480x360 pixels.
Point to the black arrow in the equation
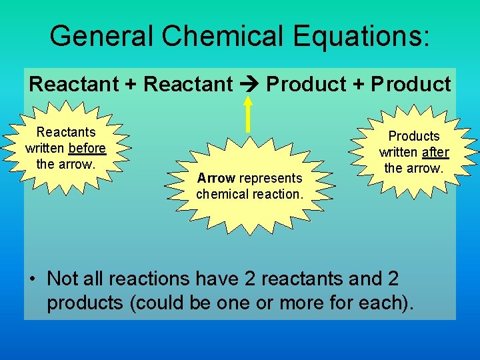[x=249, y=85]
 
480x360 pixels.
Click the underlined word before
[x=87, y=148]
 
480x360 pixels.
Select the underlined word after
[x=435, y=152]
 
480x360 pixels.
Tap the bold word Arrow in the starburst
[x=216, y=178]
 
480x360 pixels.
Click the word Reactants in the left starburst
[x=66, y=133]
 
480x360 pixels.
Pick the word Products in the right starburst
[x=414, y=136]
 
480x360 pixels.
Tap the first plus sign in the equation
[x=132, y=85]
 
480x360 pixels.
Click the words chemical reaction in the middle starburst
[x=249, y=194]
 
